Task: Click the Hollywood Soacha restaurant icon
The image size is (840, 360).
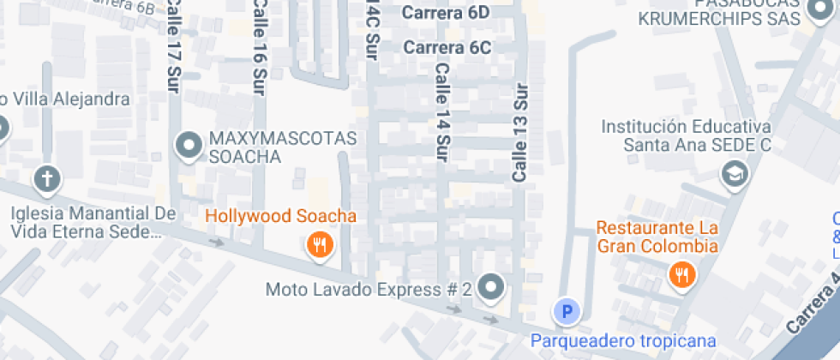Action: pyautogui.click(x=319, y=246)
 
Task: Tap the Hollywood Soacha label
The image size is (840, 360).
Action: pyautogui.click(x=280, y=216)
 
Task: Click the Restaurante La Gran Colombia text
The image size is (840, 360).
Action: pyautogui.click(x=657, y=237)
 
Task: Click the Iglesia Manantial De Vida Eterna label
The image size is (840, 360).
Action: pyautogui.click(x=93, y=222)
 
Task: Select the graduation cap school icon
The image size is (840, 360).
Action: pyautogui.click(x=735, y=174)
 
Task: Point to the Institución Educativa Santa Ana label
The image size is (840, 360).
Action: pyautogui.click(x=686, y=135)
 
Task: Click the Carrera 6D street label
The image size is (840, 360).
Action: pyautogui.click(x=446, y=13)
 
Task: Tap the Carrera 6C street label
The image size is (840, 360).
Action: pyautogui.click(x=447, y=47)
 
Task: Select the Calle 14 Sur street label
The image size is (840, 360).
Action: pyautogui.click(x=442, y=112)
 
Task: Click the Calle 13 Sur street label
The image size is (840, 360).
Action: pyautogui.click(x=519, y=132)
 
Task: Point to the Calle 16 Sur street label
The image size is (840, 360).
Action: pyautogui.click(x=258, y=47)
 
